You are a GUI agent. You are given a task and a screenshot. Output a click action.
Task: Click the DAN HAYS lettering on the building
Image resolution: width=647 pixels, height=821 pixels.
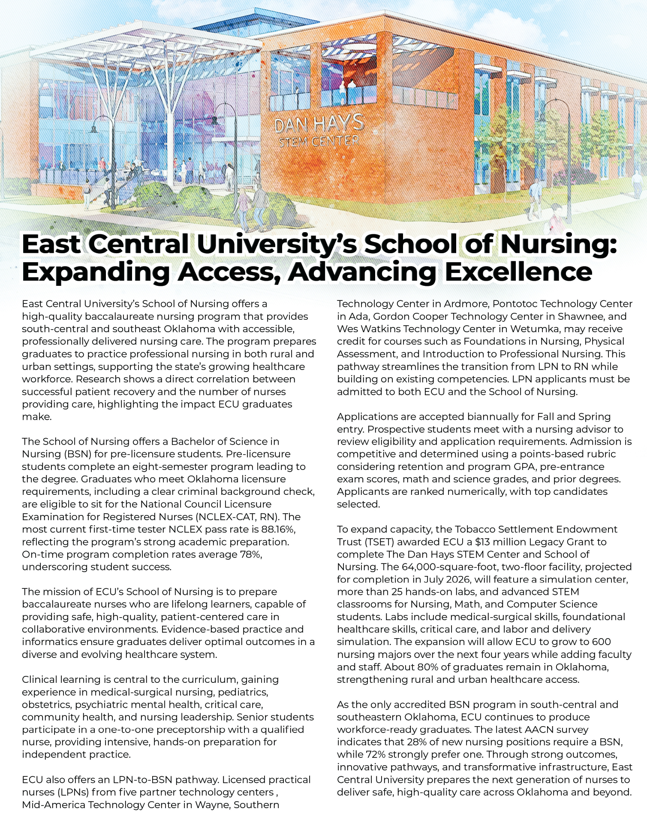tap(319, 124)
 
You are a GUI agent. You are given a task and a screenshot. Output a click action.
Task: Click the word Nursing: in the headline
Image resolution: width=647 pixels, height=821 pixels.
tap(559, 244)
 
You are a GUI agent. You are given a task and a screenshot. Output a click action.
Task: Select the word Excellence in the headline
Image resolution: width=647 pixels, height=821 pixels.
tap(519, 272)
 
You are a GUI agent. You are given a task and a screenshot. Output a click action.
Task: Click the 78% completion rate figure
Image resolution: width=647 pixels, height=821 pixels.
tap(251, 554)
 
